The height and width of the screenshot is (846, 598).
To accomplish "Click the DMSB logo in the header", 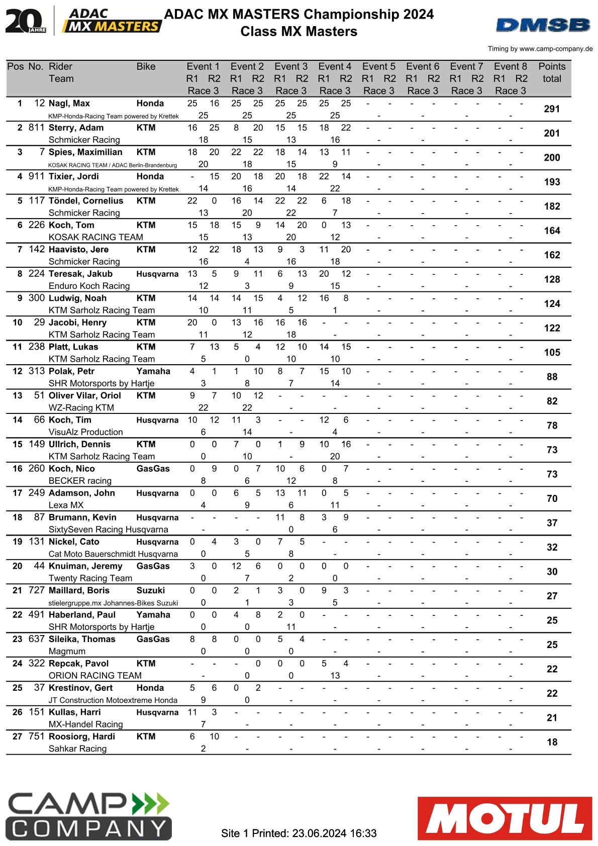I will tap(543, 25).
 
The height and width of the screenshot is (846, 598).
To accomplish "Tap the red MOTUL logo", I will tap(505, 818).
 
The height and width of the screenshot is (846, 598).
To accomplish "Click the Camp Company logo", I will tap(88, 816).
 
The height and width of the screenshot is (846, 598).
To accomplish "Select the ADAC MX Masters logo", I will tap(112, 21).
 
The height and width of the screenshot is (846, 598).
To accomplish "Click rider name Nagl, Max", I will tap(69, 103).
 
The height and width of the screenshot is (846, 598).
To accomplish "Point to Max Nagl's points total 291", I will tap(552, 109).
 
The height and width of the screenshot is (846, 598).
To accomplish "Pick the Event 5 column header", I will tap(378, 66).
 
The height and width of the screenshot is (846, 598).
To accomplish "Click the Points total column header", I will tap(552, 72).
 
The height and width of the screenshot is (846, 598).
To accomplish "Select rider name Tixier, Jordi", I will tap(74, 176).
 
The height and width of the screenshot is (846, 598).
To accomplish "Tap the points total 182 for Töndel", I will tap(552, 206).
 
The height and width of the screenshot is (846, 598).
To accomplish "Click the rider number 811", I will tap(36, 128).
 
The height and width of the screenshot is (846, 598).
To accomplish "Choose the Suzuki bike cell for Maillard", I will tap(150, 590).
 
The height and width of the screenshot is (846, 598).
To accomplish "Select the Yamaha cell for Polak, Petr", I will tap(153, 371).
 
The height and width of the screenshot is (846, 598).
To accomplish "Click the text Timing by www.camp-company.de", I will tap(540, 49).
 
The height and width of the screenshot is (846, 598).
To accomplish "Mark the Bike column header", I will tap(146, 66).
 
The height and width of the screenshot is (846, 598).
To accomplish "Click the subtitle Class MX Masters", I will tap(299, 32).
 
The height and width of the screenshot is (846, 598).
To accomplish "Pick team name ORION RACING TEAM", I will tap(95, 675).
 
